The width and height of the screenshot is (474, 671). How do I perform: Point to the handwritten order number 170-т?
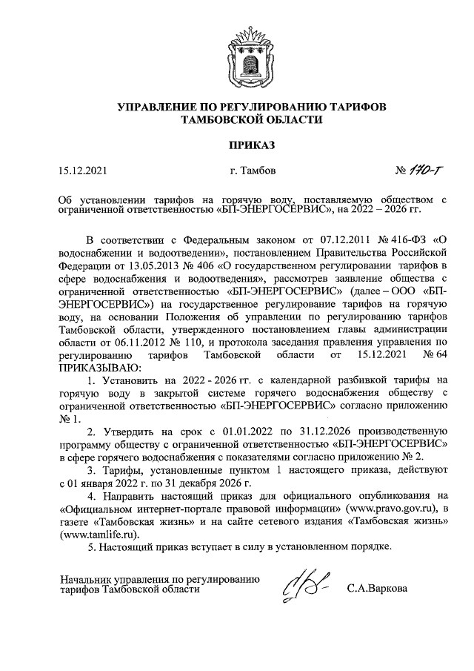418,172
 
